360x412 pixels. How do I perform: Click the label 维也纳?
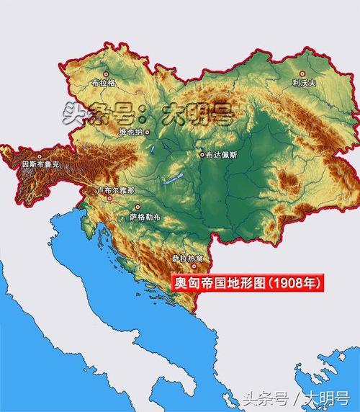pos(131,133)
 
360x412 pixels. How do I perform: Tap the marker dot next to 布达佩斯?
pos(202,154)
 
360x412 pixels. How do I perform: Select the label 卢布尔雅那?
pos(115,190)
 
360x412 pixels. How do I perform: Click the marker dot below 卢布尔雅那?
pos(110,200)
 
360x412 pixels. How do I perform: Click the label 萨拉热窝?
pos(186,258)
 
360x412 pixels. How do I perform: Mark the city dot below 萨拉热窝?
pos(186,267)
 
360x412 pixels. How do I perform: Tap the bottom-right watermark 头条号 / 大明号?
pos(296,397)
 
